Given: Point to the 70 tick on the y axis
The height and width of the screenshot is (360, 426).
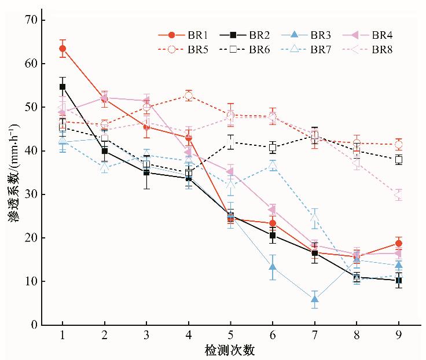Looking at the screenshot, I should [30, 20].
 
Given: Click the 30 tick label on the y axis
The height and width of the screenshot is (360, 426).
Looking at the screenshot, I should [30, 194].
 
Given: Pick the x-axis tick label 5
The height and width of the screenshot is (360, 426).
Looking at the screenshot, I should [230, 336].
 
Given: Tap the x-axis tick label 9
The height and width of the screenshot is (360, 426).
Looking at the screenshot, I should [399, 336].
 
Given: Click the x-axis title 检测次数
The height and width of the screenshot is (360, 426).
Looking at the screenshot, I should [230, 351].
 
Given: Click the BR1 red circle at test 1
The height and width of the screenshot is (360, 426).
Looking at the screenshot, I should [63, 49].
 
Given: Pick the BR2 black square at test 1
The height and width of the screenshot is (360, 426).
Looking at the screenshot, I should [63, 87].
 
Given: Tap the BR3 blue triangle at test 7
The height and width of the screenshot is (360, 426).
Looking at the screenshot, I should [315, 299].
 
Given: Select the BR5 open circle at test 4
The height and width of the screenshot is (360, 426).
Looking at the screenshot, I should [188, 95].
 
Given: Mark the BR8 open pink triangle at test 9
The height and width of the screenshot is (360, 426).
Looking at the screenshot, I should [398, 194].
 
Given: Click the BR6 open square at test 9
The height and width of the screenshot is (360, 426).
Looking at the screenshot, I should [399, 160].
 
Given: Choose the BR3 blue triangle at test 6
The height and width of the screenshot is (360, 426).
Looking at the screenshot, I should [273, 267].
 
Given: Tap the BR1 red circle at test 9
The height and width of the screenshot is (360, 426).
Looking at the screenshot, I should [399, 243].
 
